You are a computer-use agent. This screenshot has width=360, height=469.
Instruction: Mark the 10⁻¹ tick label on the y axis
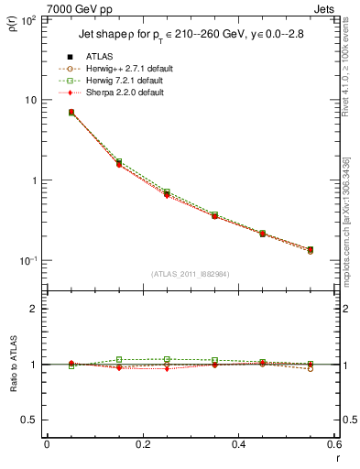tap(29, 261)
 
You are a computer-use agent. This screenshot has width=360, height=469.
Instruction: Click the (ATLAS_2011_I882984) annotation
tap(190, 274)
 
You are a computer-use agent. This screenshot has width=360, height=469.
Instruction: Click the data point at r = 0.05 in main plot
tap(71, 113)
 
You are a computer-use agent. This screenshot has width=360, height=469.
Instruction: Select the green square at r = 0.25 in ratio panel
tap(167, 360)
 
